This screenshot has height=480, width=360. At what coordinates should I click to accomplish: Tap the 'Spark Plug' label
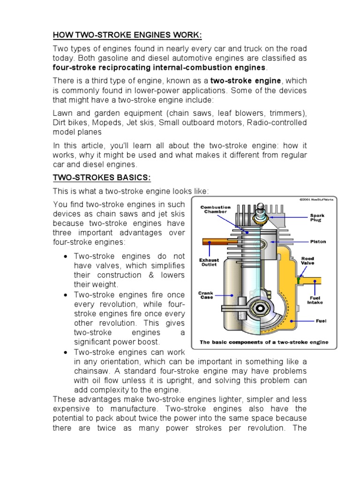pos(316,217)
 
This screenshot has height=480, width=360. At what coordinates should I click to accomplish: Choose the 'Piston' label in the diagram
pos(318,242)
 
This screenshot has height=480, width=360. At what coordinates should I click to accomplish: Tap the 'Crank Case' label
pos(206,295)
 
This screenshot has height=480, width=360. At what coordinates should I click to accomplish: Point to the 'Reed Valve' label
pos(308,261)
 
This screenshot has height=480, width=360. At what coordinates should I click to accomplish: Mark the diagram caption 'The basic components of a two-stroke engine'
pos(264,342)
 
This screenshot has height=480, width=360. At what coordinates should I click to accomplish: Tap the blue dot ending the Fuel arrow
pos(292,321)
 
